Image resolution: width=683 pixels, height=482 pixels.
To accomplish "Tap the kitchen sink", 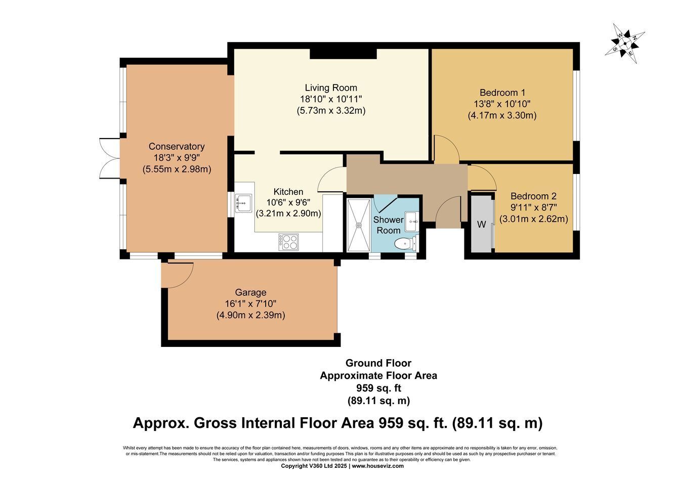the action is (243, 203).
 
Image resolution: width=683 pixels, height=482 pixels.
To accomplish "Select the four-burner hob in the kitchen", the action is (288, 242).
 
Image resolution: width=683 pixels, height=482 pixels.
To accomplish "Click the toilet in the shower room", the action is (405, 244).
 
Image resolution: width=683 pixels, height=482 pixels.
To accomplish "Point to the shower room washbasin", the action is (412, 222).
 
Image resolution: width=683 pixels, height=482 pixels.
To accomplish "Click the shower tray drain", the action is (359, 225).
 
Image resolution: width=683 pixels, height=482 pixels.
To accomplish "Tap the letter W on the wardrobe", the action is (482, 225).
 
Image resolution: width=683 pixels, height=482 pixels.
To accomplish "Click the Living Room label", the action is (331, 88).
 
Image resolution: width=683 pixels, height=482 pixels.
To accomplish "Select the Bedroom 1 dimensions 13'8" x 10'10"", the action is (502, 104).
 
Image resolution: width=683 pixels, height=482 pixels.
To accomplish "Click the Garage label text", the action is (250, 292).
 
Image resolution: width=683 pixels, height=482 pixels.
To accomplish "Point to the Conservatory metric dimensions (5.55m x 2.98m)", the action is (177, 169).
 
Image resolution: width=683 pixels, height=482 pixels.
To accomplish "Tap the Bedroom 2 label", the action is (534, 196).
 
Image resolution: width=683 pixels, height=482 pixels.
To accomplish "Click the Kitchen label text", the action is (288, 192).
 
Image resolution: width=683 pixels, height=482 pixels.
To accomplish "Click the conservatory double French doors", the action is (109, 158).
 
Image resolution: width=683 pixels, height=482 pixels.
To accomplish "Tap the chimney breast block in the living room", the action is (343, 54).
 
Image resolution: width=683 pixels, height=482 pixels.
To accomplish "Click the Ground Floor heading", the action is (378, 363).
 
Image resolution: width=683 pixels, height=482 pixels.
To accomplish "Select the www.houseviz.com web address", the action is (378, 466).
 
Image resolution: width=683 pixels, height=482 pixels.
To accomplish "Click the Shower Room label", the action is (389, 225).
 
